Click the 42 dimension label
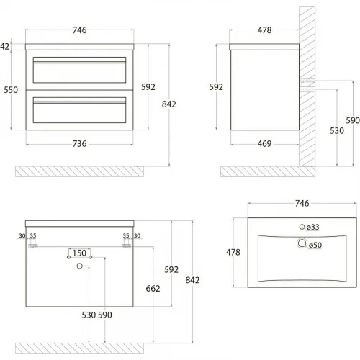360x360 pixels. pyautogui.click(x=4, y=46)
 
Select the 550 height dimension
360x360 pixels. pyautogui.click(x=11, y=90)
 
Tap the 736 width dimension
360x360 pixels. pyautogui.click(x=79, y=143)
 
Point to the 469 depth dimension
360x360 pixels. pyautogui.click(x=264, y=143)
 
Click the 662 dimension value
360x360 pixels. pyautogui.click(x=153, y=288)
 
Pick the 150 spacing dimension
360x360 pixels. pyautogui.click(x=79, y=253)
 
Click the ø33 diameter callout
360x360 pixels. pyautogui.click(x=313, y=227)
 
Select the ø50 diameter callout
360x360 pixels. pyautogui.click(x=315, y=245)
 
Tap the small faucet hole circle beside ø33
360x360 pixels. pyautogui.click(x=302, y=227)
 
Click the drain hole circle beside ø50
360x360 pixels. pyautogui.click(x=302, y=243)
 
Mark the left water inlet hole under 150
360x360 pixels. pyautogui.click(x=68, y=257)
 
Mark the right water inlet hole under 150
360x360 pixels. pyautogui.click(x=91, y=257)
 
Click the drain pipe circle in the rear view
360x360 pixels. pyautogui.click(x=79, y=266)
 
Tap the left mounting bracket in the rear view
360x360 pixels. pyautogui.click(x=33, y=246)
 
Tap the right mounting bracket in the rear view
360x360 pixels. pyautogui.click(x=126, y=246)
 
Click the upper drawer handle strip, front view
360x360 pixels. pyautogui.click(x=79, y=62)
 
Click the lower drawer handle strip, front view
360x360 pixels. pyautogui.click(x=79, y=102)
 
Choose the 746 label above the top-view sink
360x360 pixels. pyautogui.click(x=302, y=203)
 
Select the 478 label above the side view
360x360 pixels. pyautogui.click(x=264, y=30)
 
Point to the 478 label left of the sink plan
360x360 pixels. pyautogui.click(x=233, y=252)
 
